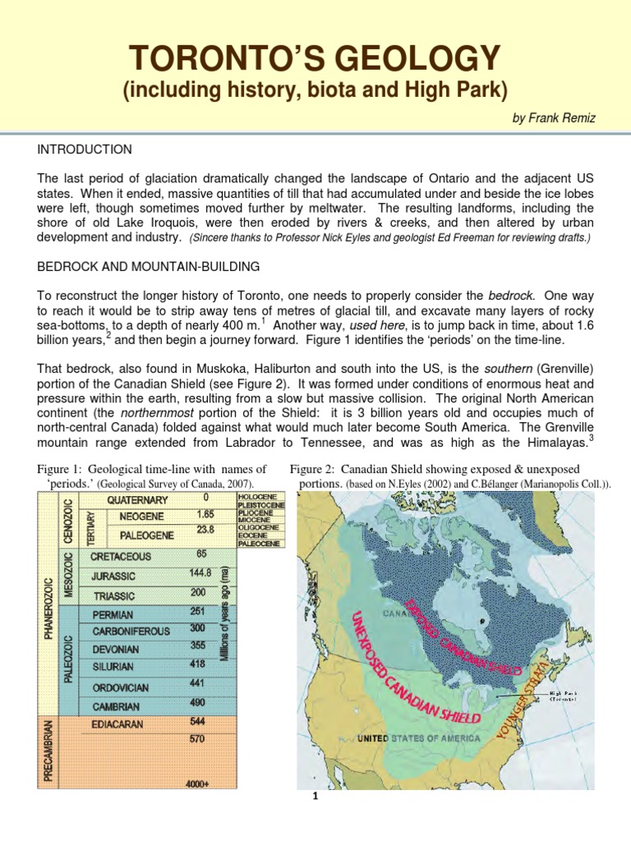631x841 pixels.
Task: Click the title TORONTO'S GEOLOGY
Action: click(x=315, y=59)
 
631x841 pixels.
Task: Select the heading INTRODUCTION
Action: click(x=84, y=149)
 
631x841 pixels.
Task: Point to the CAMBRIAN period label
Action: click(x=116, y=706)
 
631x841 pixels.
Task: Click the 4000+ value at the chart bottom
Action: click(x=197, y=784)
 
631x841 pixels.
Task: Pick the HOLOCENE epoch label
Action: click(x=256, y=498)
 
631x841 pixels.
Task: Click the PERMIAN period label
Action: click(x=113, y=614)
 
